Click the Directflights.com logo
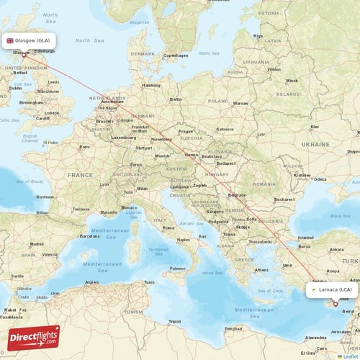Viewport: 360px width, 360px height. click(34, 337)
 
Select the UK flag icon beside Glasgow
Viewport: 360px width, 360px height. click(10, 41)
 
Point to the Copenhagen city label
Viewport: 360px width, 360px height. click(175, 55)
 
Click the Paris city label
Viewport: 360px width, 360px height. click(86, 147)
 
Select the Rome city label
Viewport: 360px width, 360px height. click(169, 228)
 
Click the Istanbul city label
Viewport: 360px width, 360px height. click(306, 237)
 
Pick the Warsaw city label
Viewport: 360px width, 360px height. click(240, 103)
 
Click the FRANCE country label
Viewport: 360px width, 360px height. click(81, 175)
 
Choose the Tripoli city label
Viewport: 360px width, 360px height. click(174, 321)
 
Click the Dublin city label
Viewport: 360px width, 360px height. click(15, 88)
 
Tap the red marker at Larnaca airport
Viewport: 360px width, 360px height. click(335, 303)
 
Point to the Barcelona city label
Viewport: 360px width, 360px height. click(89, 235)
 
